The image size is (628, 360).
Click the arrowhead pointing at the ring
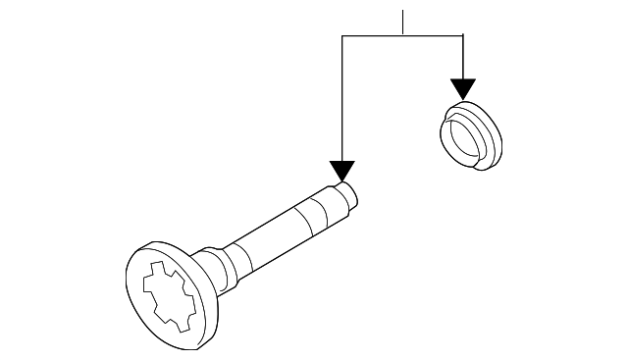(462, 88)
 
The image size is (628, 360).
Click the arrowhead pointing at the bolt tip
(340, 173)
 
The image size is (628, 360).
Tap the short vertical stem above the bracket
(402, 23)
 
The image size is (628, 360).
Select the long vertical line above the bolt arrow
(340, 98)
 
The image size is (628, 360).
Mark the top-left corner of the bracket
(340, 35)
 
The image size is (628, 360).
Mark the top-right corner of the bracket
(462, 35)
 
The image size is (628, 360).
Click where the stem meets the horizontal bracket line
(402, 35)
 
